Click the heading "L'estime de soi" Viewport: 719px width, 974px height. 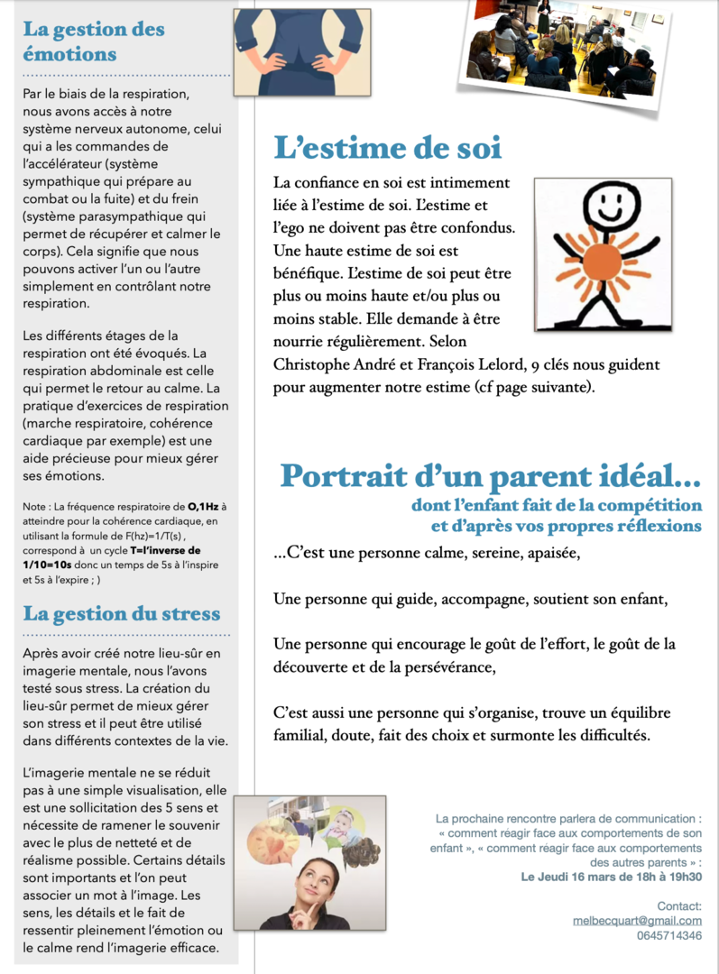[387, 147]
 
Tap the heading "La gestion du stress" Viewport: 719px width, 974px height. [121, 614]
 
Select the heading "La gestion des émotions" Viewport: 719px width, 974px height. [94, 41]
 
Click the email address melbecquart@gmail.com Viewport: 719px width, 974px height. [637, 920]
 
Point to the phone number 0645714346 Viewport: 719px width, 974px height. [668, 935]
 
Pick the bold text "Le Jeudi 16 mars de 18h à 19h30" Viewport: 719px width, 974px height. [611, 877]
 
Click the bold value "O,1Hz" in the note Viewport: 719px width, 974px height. [206, 507]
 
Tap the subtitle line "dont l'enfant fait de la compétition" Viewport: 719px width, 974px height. [556, 505]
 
